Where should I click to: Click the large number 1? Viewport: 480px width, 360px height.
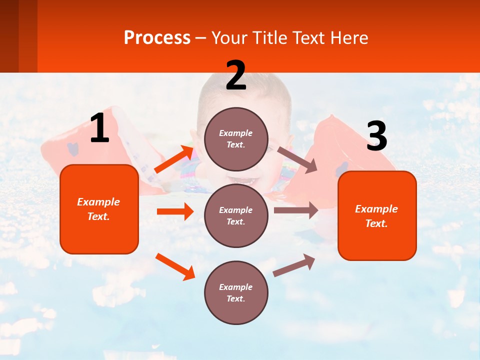99,128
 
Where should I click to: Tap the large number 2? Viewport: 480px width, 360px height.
236,75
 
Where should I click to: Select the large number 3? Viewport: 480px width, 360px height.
376,136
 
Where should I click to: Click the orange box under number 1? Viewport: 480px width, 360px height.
99,209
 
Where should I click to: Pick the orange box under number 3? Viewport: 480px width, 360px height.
377,215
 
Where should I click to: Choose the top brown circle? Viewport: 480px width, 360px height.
236,139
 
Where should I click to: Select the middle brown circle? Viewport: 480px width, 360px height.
236,215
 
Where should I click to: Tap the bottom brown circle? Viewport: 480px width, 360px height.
236,292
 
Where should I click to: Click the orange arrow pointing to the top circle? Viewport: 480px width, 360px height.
174,159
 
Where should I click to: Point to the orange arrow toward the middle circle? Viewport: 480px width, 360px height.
175,211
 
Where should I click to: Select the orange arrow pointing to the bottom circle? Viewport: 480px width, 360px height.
175,266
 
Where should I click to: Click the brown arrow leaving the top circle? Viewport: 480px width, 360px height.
297,160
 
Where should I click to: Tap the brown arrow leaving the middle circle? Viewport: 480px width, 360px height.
295,210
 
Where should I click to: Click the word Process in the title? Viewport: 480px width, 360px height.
157,37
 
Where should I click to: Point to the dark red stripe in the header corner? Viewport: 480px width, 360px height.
9,36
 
